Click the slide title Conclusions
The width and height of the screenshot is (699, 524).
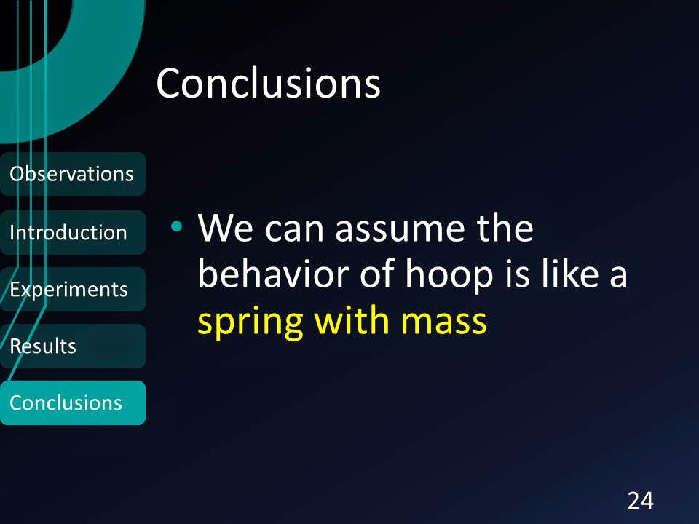point(268,83)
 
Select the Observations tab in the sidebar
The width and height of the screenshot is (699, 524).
point(73,174)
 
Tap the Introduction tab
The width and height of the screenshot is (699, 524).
point(73,232)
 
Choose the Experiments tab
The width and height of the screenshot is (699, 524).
point(73,289)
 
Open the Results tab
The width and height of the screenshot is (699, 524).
point(73,346)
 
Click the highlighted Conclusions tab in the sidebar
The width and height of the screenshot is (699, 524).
point(73,402)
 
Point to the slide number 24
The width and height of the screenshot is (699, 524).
point(641,501)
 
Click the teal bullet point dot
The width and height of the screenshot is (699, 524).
point(176,226)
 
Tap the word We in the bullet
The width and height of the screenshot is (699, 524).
point(226,228)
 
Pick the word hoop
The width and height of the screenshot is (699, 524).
point(449,279)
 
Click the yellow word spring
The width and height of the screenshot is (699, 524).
point(250,324)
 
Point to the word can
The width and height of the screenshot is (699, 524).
point(294,231)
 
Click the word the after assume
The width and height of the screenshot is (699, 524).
point(505,228)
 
